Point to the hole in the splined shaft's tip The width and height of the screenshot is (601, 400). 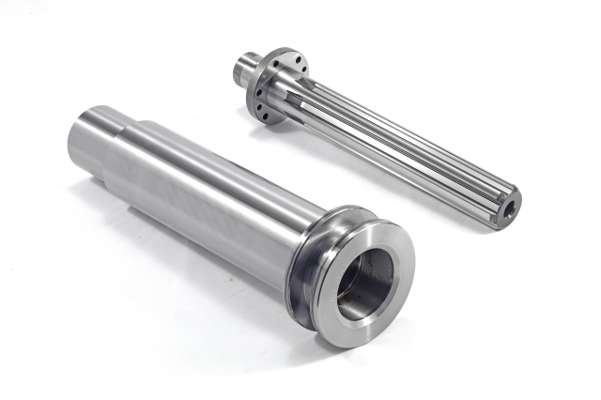tap(512, 200)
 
